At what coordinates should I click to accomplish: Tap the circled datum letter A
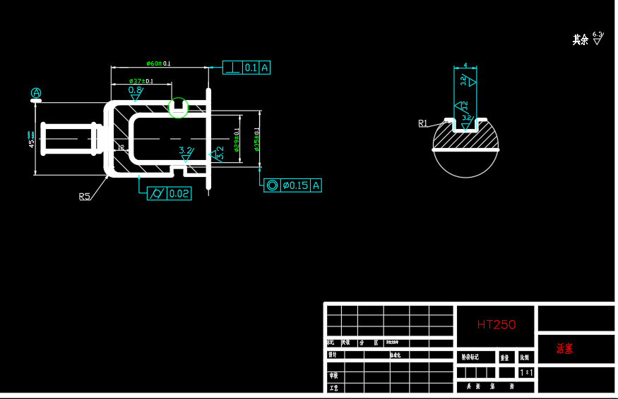pos(36,93)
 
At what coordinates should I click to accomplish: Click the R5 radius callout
pos(85,197)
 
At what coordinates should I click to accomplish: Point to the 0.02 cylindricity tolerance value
pos(179,193)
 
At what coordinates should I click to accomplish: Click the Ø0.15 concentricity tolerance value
pos(295,185)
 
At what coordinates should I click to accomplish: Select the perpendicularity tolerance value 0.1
pos(251,68)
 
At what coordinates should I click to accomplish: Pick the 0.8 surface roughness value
pos(135,90)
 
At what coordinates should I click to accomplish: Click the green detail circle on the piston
pos(179,108)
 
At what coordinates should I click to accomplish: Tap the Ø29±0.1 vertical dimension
pos(237,139)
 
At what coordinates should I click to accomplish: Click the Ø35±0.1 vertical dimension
pos(257,139)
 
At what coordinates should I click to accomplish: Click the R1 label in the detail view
pos(423,123)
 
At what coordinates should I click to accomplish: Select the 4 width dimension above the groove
pos(465,66)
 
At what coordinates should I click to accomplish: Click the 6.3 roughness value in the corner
pos(597,34)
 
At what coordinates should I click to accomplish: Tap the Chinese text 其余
pos(580,40)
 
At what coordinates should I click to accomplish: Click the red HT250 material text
pos(496,324)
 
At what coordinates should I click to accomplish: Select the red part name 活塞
pos(564,348)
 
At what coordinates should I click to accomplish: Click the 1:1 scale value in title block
pos(526,372)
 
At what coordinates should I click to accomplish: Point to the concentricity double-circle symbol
pos(272,185)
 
